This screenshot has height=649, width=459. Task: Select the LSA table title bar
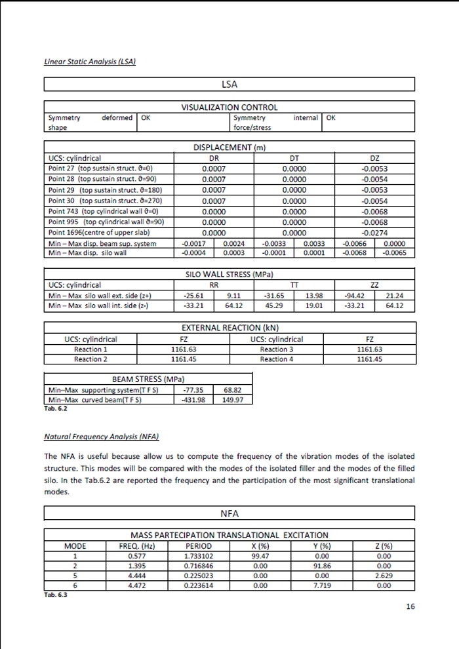(229, 85)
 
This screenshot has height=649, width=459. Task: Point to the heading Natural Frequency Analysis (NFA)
(102, 437)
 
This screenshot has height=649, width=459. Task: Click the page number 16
(410, 606)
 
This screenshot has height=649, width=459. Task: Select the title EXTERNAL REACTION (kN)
(229, 328)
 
